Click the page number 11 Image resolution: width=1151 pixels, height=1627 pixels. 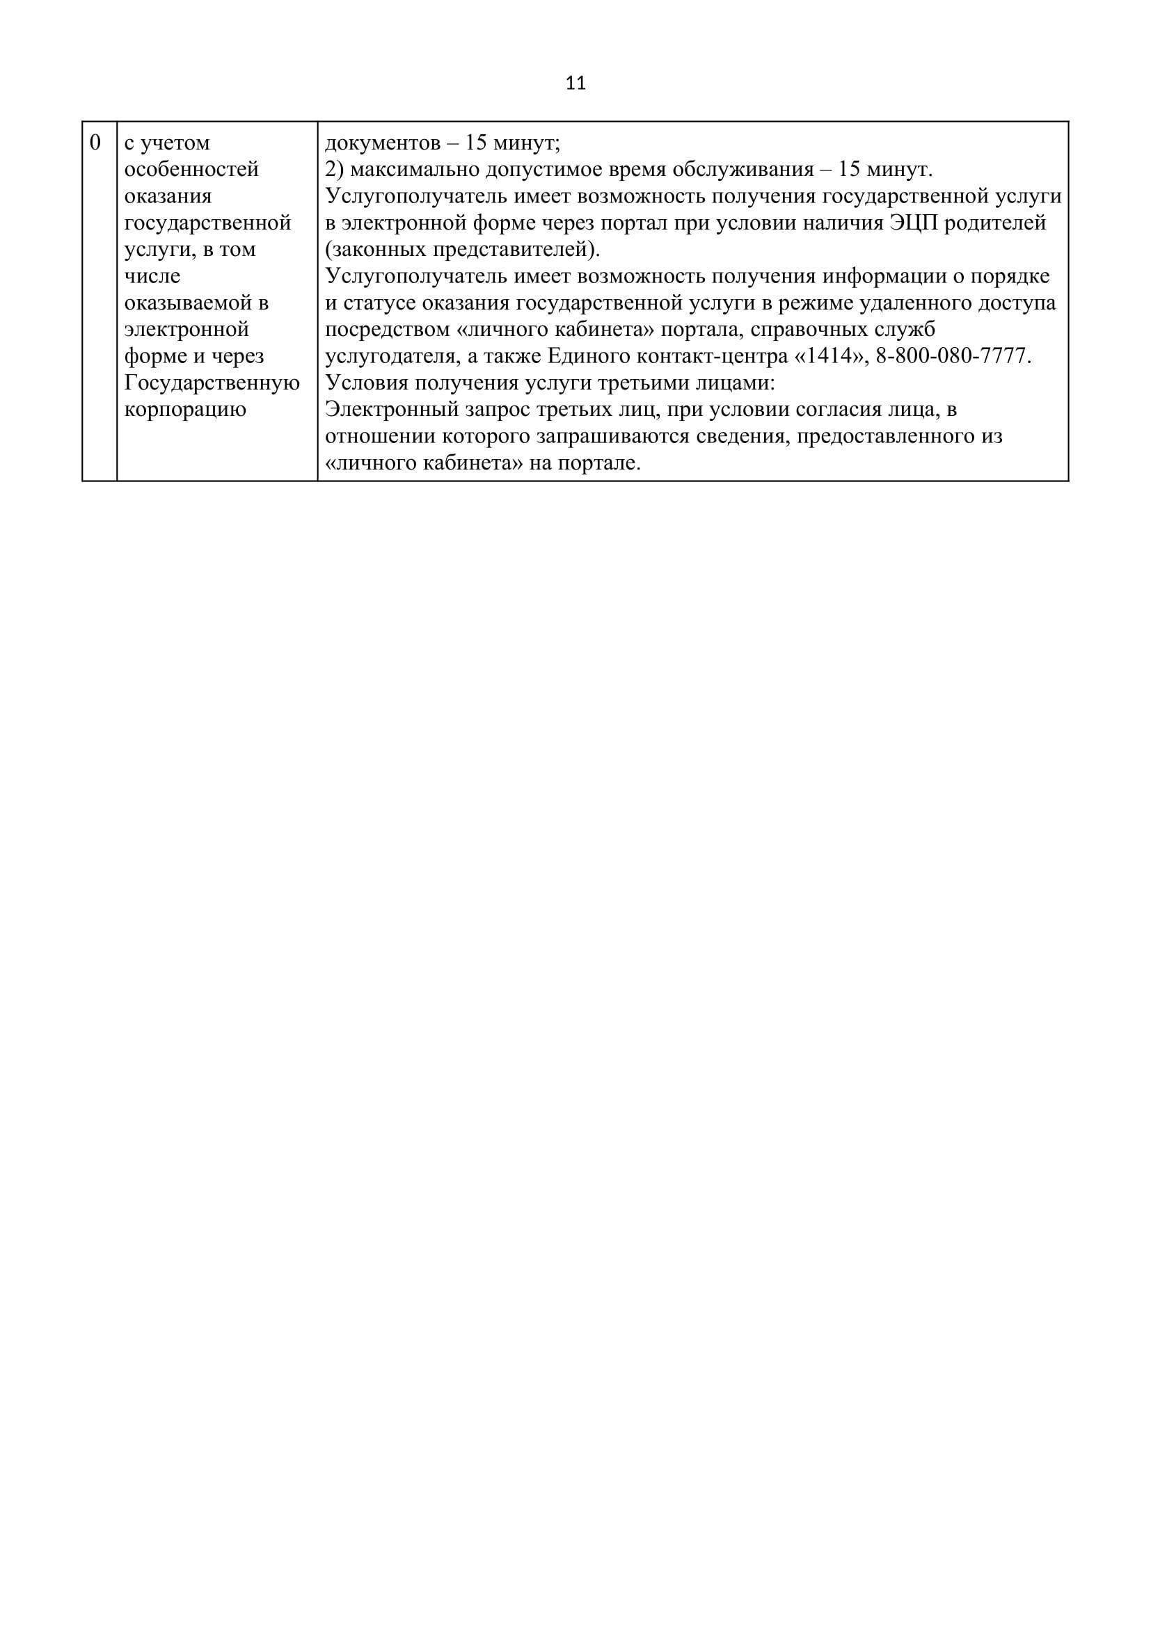(x=575, y=83)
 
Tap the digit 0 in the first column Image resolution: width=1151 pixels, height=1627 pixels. (x=95, y=143)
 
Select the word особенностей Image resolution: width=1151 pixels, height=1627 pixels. (x=191, y=170)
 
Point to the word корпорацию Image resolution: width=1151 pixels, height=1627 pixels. (x=185, y=410)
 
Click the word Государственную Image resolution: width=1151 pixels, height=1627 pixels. (x=212, y=383)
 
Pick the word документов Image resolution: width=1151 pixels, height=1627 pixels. (x=379, y=143)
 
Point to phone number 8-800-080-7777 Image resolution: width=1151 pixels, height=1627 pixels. (x=952, y=356)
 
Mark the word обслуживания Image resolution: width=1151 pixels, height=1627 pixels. (x=738, y=170)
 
